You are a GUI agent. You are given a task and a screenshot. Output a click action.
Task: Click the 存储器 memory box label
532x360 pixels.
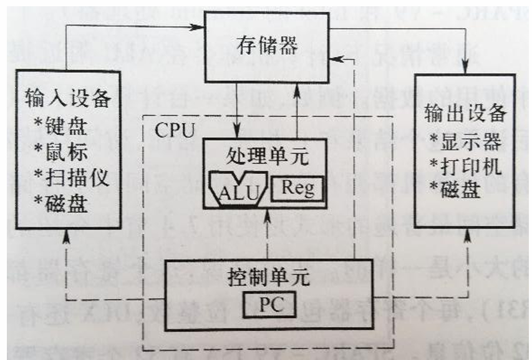tap(268, 45)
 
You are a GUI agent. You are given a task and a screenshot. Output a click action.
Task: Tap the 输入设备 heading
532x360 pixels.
tap(68, 100)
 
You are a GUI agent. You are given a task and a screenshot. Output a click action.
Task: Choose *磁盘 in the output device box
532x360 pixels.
tap(453, 190)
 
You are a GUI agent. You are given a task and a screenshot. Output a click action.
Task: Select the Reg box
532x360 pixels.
tap(298, 187)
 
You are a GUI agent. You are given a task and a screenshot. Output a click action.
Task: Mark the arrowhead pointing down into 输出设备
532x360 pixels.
tap(464, 65)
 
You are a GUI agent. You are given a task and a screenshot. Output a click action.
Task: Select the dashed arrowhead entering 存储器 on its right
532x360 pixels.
tap(337, 59)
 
